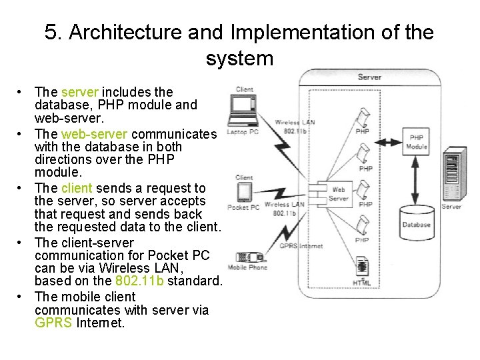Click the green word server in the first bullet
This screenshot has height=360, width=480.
point(80,92)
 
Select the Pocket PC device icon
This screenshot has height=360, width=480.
point(243,192)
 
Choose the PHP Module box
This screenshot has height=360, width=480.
point(417,142)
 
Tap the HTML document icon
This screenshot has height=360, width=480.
point(362,268)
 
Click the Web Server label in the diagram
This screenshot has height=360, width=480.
point(339,194)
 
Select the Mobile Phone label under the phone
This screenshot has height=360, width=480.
point(247,267)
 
